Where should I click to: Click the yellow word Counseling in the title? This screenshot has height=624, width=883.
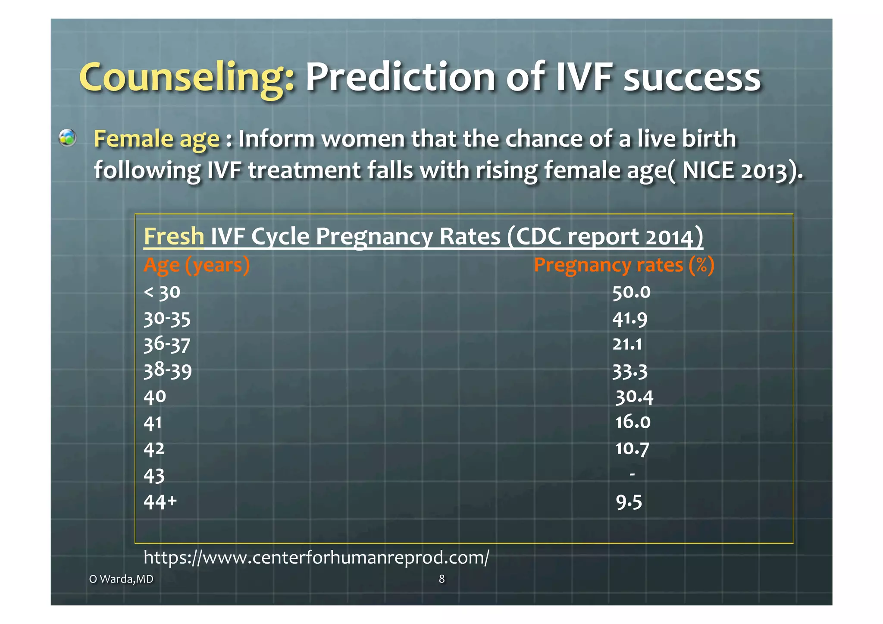coord(186,78)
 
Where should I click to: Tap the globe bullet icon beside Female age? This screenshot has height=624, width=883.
coord(68,138)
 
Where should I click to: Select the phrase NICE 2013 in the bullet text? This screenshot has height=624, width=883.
coord(739,170)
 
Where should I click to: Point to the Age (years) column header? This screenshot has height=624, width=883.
coord(197,265)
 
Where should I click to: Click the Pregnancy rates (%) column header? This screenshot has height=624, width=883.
coord(624,265)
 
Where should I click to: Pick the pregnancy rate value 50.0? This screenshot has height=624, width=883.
coord(631,292)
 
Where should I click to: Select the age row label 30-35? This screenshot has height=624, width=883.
coord(167,319)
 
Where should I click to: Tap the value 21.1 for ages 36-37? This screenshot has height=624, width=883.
coord(627,344)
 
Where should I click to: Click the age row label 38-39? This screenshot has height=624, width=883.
coord(168,370)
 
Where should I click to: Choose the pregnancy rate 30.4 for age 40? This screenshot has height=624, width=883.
coord(634,397)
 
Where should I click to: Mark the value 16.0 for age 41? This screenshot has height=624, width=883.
coord(633,422)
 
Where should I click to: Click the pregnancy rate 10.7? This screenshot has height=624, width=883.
coord(632,448)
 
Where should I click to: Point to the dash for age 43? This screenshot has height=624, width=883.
coord(632,474)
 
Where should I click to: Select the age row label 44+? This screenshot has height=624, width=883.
coord(160,502)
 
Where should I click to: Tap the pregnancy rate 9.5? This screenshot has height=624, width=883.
coord(629,502)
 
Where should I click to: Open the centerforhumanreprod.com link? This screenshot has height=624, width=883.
coord(316,557)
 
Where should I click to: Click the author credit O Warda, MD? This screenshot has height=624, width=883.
coord(121,579)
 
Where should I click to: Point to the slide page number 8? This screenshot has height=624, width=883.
coord(441,579)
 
